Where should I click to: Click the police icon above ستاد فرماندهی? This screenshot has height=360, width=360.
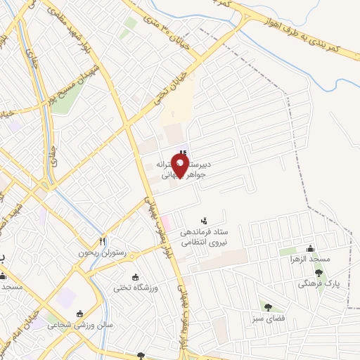pyautogui.click(x=205, y=219)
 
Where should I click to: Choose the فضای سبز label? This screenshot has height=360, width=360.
pyautogui.click(x=269, y=316)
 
